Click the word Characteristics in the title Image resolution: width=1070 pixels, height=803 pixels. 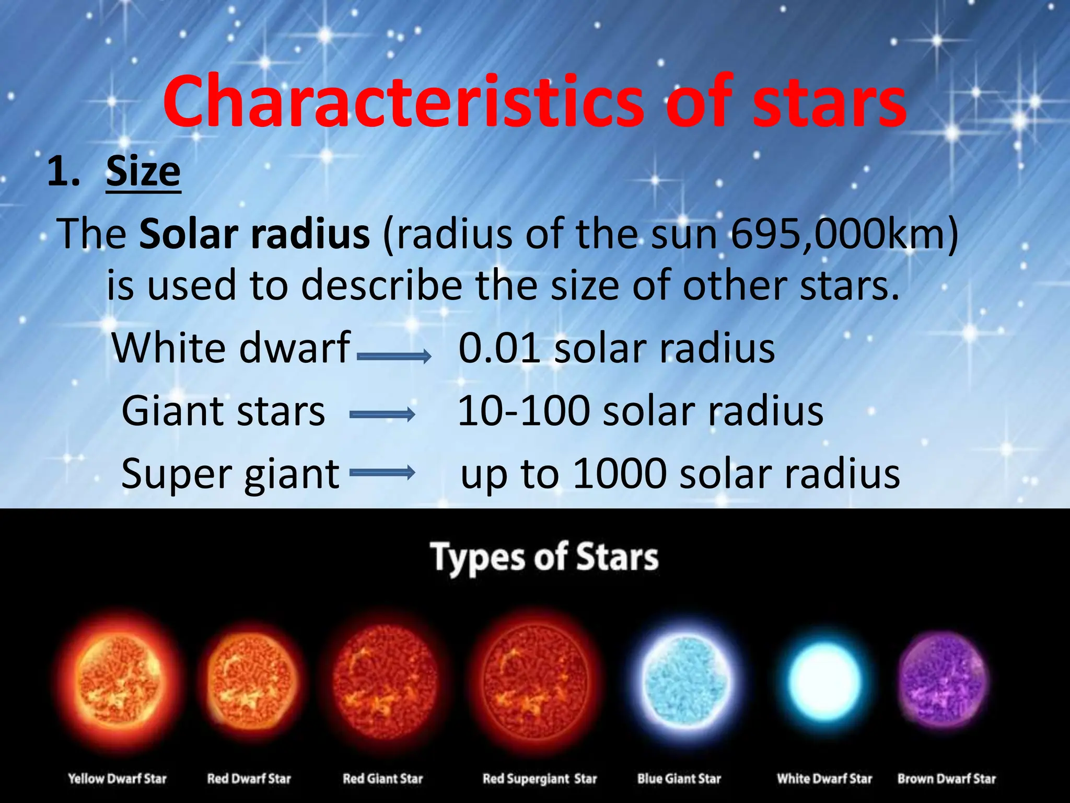pos(402,102)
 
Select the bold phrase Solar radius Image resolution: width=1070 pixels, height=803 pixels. pos(254,234)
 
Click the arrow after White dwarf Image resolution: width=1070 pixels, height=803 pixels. pos(394,357)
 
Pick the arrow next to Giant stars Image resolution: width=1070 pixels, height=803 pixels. pos(382,415)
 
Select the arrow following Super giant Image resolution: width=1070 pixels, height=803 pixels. pos(382,473)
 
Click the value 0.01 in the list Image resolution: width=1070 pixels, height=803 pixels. pos(499,348)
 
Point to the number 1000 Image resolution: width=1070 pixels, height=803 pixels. pos(620,474)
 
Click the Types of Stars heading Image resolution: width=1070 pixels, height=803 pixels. pos(544,557)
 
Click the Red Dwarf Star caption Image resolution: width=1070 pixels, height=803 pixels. pos(249,778)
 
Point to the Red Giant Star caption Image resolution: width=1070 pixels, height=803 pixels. pos(382,778)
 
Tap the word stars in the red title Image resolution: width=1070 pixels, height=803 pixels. pos(829,102)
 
